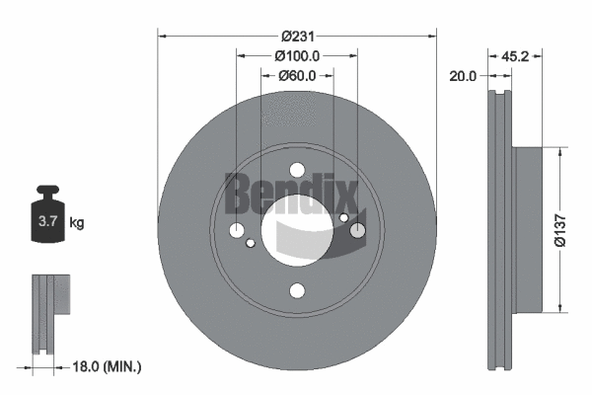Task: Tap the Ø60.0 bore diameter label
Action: point(296,75)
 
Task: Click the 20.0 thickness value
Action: point(462,75)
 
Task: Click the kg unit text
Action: point(77,223)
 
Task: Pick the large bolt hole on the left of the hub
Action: point(237,231)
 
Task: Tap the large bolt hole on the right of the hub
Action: point(357,231)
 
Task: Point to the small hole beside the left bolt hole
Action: point(252,243)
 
